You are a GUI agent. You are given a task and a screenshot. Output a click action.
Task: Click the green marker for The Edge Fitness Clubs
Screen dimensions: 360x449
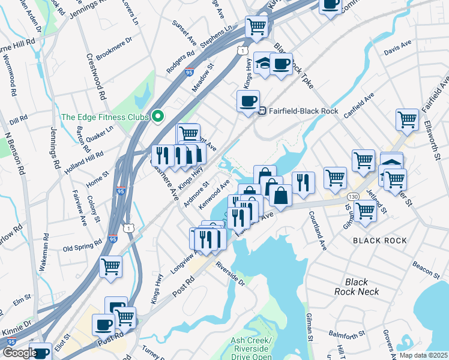(x=158, y=116)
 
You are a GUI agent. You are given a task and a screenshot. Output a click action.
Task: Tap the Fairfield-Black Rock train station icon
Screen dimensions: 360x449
(x=262, y=111)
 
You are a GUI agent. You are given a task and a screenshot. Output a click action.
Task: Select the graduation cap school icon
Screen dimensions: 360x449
(x=263, y=64)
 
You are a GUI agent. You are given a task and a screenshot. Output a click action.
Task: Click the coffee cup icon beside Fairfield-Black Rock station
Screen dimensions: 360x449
(x=248, y=101)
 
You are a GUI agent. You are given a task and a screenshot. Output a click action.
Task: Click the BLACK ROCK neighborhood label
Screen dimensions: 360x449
(x=379, y=241)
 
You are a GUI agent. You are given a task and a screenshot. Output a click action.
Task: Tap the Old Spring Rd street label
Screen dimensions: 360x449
(x=83, y=245)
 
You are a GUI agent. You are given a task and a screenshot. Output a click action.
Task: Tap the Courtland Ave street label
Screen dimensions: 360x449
(x=318, y=230)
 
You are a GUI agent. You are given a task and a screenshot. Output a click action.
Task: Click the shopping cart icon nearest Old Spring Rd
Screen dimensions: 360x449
(x=110, y=266)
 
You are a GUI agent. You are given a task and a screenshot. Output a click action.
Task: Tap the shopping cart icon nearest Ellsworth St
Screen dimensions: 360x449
(x=407, y=119)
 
